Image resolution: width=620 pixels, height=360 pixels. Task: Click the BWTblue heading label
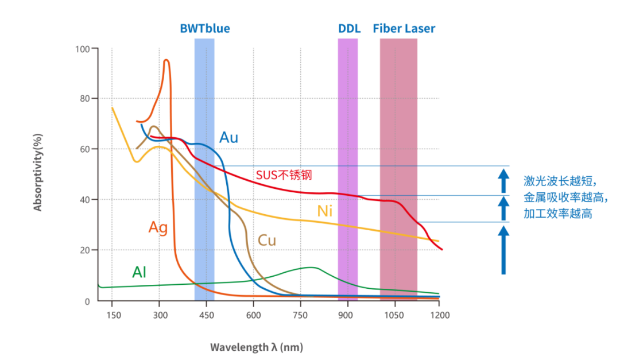coord(205,28)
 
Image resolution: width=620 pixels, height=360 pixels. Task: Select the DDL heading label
coord(349,28)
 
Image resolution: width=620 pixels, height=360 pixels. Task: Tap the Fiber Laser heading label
coord(404,28)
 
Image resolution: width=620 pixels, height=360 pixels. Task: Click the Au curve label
coord(228,137)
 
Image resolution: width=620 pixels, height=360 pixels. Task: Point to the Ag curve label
coord(158,227)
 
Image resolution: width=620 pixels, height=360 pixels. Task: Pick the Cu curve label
coord(266,240)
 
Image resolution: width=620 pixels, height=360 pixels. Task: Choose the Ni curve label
coord(325,211)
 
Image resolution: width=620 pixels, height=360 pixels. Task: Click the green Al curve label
coord(139,272)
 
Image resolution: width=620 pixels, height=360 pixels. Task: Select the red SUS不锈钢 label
coord(284,175)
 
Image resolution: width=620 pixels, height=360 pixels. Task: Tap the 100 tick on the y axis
coord(83,49)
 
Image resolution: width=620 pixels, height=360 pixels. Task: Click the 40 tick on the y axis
coord(85,200)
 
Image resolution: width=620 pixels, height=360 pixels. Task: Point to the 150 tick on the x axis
coord(113,315)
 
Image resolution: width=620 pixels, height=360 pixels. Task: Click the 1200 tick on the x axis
coord(439,315)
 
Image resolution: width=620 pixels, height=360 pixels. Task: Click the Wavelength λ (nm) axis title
coord(256,347)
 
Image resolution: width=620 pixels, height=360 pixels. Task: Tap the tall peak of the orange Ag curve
coord(166,60)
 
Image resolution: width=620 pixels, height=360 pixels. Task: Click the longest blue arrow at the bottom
coord(503,250)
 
